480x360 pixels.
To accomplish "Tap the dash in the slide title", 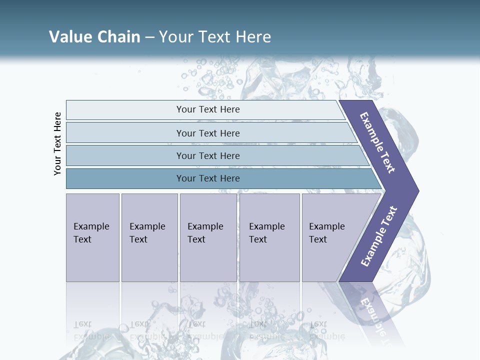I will pyautogui.click(x=149, y=37).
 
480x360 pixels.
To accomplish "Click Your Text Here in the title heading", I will pyautogui.click(x=215, y=36).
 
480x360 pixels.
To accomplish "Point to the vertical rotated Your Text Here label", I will pyautogui.click(x=57, y=143).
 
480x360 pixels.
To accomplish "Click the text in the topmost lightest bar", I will pyautogui.click(x=208, y=109).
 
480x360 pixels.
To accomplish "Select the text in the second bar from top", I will pyautogui.click(x=208, y=133).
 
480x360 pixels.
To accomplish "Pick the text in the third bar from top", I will pyautogui.click(x=208, y=155).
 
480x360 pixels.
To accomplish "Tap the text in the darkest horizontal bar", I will pyautogui.click(x=208, y=178).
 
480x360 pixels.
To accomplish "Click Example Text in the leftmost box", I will pyautogui.click(x=91, y=233).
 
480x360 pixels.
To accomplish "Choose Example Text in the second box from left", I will pyautogui.click(x=147, y=233).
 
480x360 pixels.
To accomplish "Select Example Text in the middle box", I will pyautogui.click(x=205, y=233).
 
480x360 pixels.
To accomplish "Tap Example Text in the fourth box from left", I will pyautogui.click(x=266, y=233).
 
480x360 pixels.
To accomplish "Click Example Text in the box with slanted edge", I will pyautogui.click(x=326, y=233).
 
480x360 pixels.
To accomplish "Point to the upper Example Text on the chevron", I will pyautogui.click(x=377, y=142).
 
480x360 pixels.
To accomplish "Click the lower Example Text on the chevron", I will pyautogui.click(x=379, y=236).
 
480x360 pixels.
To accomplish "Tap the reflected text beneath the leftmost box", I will pyautogui.click(x=91, y=330).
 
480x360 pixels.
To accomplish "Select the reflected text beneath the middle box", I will pyautogui.click(x=205, y=330).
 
